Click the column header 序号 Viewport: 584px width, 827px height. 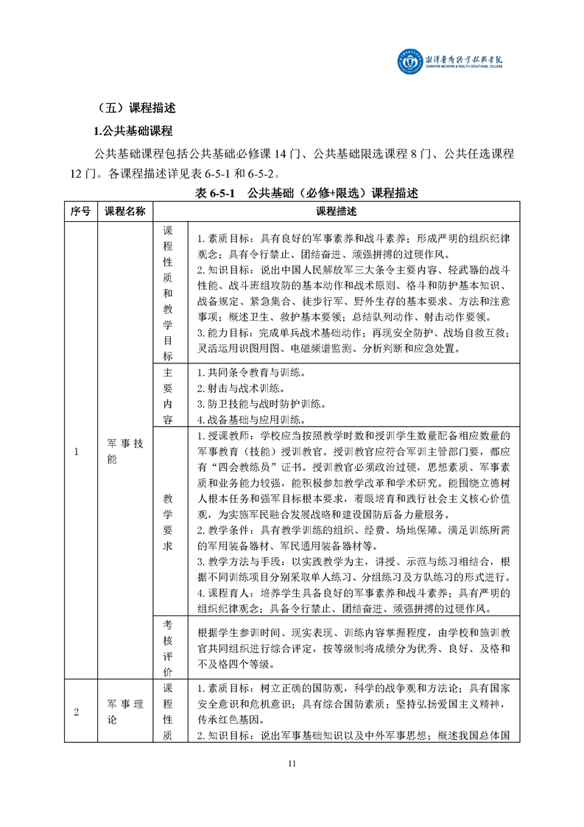(x=80, y=212)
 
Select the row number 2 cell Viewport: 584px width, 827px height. (x=77, y=711)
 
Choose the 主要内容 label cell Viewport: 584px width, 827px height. (x=167, y=396)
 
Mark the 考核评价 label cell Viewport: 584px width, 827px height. (x=167, y=647)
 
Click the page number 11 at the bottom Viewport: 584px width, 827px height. (x=292, y=763)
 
